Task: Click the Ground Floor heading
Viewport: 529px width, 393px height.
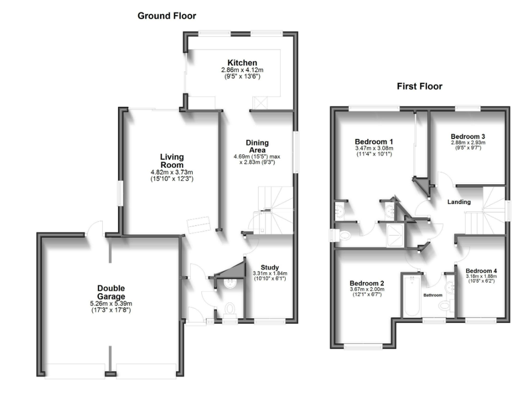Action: click(x=167, y=16)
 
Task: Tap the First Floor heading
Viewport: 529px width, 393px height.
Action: click(x=419, y=86)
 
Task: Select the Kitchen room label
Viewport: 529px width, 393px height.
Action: click(x=242, y=62)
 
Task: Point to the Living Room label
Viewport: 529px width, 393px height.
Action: click(x=172, y=161)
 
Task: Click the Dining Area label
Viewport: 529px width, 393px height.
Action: click(x=257, y=146)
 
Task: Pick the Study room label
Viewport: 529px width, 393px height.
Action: click(x=270, y=267)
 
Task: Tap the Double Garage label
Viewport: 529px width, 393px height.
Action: click(x=111, y=292)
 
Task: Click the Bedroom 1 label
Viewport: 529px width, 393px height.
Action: click(x=374, y=142)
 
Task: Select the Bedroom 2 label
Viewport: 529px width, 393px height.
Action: click(x=367, y=284)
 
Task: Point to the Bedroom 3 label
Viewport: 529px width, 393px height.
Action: click(x=468, y=137)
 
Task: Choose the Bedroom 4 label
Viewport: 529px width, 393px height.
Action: click(x=481, y=271)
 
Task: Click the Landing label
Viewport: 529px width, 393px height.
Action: click(x=459, y=202)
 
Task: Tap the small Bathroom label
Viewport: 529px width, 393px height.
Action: click(x=433, y=295)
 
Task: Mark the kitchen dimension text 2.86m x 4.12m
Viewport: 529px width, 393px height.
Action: click(x=242, y=70)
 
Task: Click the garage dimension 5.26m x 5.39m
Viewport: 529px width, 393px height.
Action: click(x=111, y=304)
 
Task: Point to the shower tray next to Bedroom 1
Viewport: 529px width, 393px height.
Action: click(x=395, y=235)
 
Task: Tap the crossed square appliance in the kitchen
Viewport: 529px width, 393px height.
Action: click(x=260, y=103)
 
